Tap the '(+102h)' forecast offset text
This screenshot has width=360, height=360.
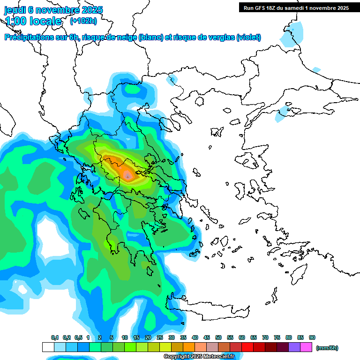click(83, 21)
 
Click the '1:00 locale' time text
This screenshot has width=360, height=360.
click(33, 21)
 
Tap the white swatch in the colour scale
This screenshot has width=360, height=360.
click(48, 347)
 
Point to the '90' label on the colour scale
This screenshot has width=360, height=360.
click(312, 337)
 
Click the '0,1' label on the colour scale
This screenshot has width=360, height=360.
click(55, 337)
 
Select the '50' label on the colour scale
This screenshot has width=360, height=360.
click(218, 337)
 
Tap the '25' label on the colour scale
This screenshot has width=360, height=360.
click(160, 337)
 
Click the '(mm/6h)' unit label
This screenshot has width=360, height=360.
click(327, 348)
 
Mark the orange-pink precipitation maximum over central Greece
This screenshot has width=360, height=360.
click(127, 175)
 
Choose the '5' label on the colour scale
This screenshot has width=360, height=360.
click(112, 337)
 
